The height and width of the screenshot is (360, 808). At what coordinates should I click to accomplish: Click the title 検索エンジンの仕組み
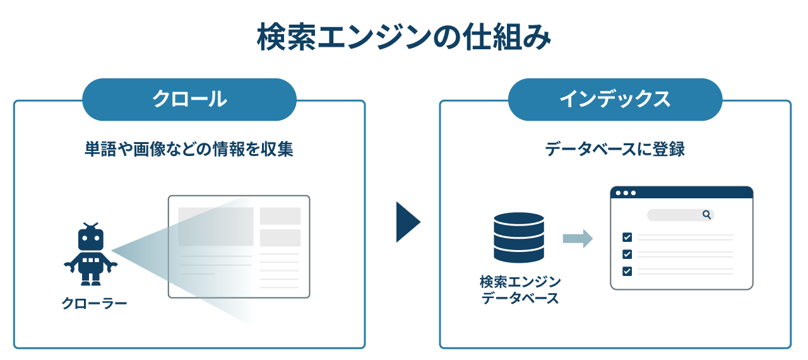403,37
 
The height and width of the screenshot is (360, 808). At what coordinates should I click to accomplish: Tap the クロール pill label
189,99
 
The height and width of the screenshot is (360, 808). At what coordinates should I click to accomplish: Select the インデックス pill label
615,99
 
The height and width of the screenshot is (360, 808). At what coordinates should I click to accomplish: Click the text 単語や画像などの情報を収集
189,149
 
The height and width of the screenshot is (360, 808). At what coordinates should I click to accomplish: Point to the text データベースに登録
615,149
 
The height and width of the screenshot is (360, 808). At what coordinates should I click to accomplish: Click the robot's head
91,239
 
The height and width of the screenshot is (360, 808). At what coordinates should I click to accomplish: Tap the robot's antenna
91,226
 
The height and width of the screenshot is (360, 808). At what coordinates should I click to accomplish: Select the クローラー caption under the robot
94,303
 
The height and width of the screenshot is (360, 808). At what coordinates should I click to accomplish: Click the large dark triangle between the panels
408,222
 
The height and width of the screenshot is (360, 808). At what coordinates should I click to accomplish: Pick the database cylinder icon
519,237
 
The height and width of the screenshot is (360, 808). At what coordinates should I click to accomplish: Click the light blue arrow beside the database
578,239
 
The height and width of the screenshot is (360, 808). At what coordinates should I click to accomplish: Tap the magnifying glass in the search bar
706,215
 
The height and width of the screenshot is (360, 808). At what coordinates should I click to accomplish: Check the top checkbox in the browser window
627,237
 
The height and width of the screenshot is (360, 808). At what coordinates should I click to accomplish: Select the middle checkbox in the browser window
627,254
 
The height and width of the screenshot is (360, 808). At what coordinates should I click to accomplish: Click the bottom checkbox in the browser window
627,271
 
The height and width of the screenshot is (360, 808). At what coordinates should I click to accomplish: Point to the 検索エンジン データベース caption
520,290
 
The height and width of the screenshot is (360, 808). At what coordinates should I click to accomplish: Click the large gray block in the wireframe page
216,227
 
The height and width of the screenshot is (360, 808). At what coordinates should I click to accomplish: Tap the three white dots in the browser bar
626,193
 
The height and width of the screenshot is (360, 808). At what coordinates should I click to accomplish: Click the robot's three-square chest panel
91,260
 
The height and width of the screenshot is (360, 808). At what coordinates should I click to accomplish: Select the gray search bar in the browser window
680,215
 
